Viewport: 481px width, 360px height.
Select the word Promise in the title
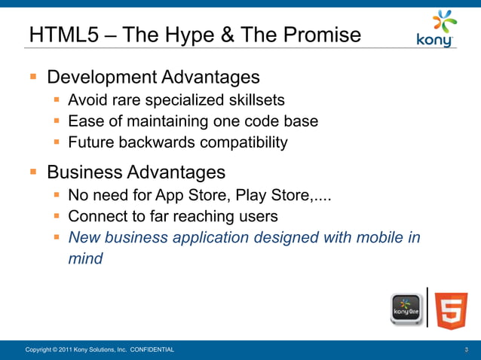pos(320,35)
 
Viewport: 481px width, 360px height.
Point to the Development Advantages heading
pos(153,78)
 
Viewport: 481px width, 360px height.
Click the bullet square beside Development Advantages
pos(33,77)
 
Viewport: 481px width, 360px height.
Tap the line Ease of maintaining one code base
pos(192,121)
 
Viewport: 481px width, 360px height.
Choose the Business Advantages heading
pos(136,172)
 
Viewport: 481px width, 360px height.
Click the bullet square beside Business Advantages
pos(33,172)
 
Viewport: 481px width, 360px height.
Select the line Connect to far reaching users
pos(173,217)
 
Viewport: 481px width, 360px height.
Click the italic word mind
pos(85,259)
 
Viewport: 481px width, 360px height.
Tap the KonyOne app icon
pos(406,310)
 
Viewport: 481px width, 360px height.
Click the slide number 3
pos(467,350)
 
